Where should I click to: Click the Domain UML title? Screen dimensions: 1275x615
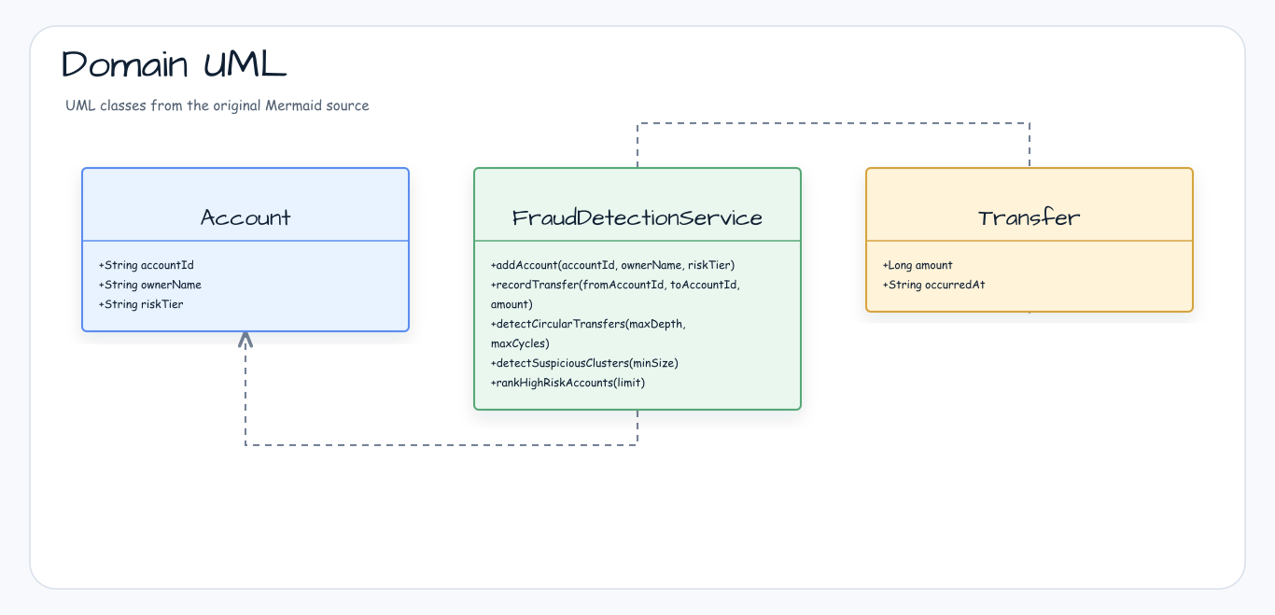pos(174,63)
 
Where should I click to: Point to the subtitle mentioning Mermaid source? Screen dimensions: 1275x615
pos(217,105)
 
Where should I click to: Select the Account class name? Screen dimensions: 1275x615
pos(245,217)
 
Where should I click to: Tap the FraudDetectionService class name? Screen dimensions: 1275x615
pos(637,217)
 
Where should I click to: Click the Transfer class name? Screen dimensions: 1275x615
pos(1030,217)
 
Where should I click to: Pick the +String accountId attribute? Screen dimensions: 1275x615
pos(147,265)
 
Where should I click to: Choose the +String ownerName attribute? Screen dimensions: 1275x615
pos(149,285)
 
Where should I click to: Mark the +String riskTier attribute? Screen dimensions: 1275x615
pos(141,304)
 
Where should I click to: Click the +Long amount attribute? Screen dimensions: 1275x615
pos(918,265)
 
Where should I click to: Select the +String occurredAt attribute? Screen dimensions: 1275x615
pos(933,285)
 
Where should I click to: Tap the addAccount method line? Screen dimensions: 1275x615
pos(612,265)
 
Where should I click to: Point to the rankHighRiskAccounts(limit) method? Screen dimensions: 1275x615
pos(567,383)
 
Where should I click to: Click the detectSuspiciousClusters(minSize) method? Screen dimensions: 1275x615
pos(584,363)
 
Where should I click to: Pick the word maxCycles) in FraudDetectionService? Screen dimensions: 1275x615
pos(520,343)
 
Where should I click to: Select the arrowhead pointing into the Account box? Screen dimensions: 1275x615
pos(245,339)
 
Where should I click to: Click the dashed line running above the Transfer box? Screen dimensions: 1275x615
pos(834,123)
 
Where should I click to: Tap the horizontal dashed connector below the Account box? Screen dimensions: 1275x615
pos(441,445)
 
